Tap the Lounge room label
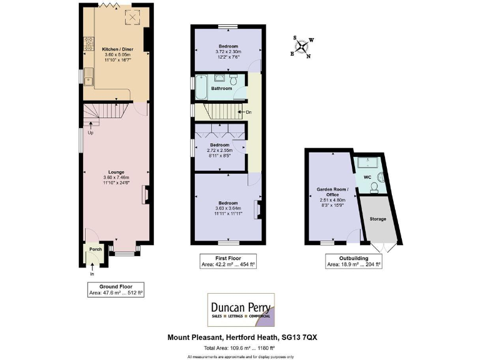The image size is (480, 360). coord(116,172)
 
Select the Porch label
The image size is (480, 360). coord(96,249)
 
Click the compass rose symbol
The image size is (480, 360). coord(302,46)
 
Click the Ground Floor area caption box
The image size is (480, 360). coord(116,289)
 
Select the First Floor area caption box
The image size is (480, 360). coord(227,261)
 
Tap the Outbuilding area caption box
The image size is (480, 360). coord(353,261)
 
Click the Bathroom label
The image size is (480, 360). coord(221,89)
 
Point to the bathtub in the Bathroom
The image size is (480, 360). coord(202,87)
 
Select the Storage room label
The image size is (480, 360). coord(377,219)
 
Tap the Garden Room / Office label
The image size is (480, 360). coord(332,191)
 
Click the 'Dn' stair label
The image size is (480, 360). coord(249,112)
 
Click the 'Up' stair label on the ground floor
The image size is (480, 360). coord(91,132)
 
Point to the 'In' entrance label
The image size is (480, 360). coord(91,274)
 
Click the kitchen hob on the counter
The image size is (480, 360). coord(89,43)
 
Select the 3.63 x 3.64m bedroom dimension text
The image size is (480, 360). coord(227,208)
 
